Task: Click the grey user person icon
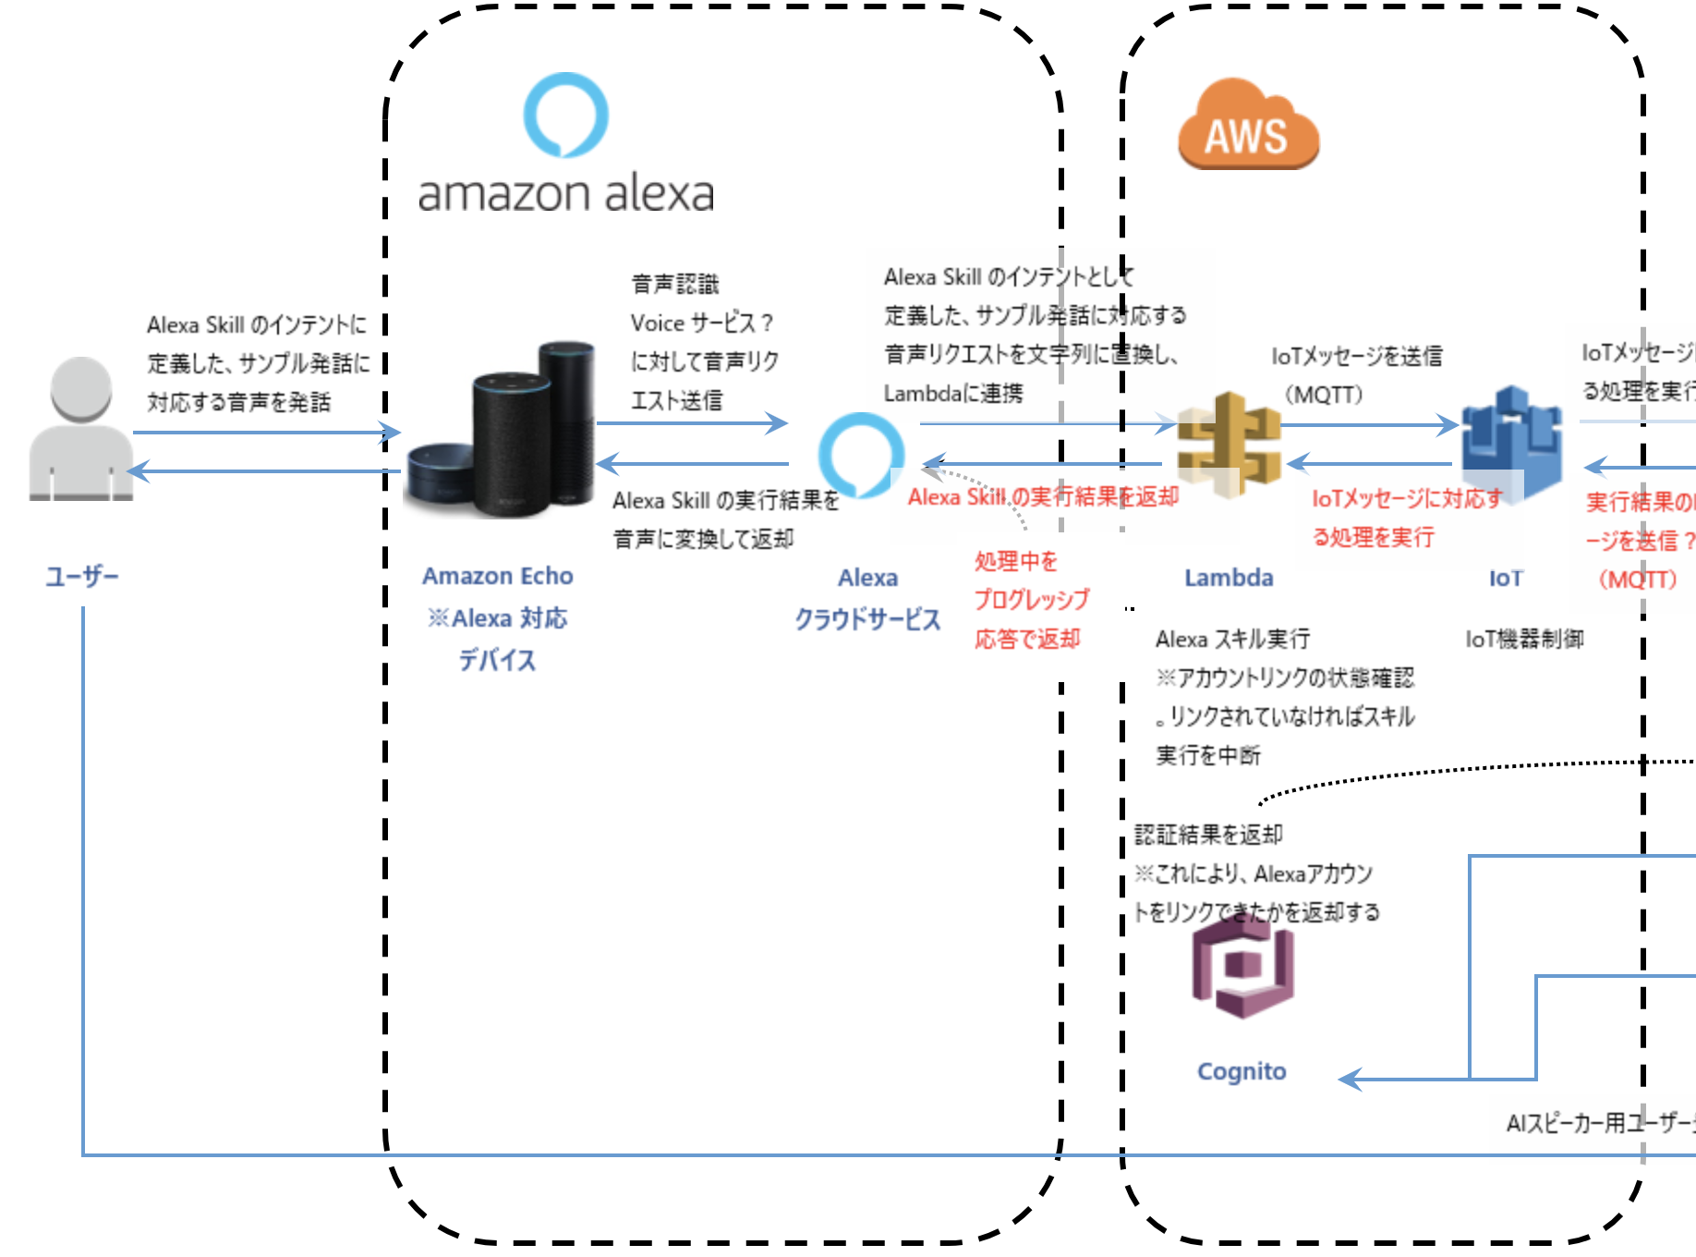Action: tap(80, 429)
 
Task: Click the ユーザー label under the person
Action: tap(82, 577)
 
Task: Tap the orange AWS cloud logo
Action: tap(1248, 126)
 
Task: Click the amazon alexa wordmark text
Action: tap(565, 194)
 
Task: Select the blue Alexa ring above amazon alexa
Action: tap(565, 115)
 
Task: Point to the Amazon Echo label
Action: tap(497, 576)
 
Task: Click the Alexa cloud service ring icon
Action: tap(861, 454)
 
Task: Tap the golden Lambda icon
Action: tap(1230, 444)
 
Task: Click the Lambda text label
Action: tap(1229, 578)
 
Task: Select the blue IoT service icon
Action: tap(1510, 442)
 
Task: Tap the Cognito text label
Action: tap(1242, 1071)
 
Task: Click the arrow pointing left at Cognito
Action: tap(1352, 1079)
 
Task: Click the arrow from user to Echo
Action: tap(268, 432)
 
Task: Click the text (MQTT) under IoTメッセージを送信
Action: tap(1323, 395)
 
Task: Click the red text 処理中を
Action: tap(1016, 561)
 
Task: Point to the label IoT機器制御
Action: tap(1524, 639)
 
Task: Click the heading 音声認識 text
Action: tap(674, 284)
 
